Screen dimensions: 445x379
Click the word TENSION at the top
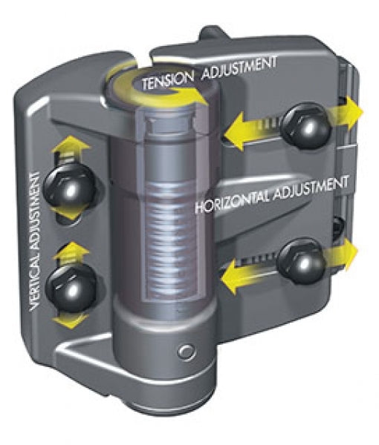[168, 80]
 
